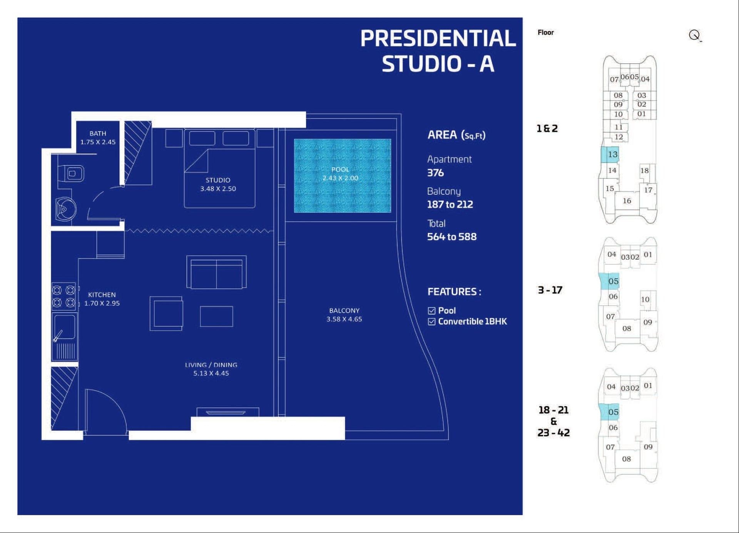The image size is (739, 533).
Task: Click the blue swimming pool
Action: point(342,175)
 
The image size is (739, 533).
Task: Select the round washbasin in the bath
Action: point(66,209)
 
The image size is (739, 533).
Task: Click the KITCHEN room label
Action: point(102,295)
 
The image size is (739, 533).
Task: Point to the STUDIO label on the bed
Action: point(218,180)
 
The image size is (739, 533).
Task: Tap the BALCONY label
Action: point(344,311)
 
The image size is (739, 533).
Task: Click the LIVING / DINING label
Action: point(211,365)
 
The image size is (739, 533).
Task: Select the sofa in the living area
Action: point(216,272)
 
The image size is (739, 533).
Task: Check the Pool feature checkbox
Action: point(431,311)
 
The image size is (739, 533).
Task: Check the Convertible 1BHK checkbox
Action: point(431,321)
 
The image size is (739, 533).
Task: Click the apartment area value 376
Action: point(435,173)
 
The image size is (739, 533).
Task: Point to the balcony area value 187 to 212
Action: point(450,204)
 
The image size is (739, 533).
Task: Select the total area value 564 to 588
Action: point(452,237)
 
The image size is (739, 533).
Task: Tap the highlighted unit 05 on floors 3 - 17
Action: point(609,281)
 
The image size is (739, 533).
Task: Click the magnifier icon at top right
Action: point(695,35)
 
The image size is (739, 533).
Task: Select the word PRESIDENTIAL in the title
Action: point(438,38)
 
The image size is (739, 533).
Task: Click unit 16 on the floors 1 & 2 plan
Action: point(627,201)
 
